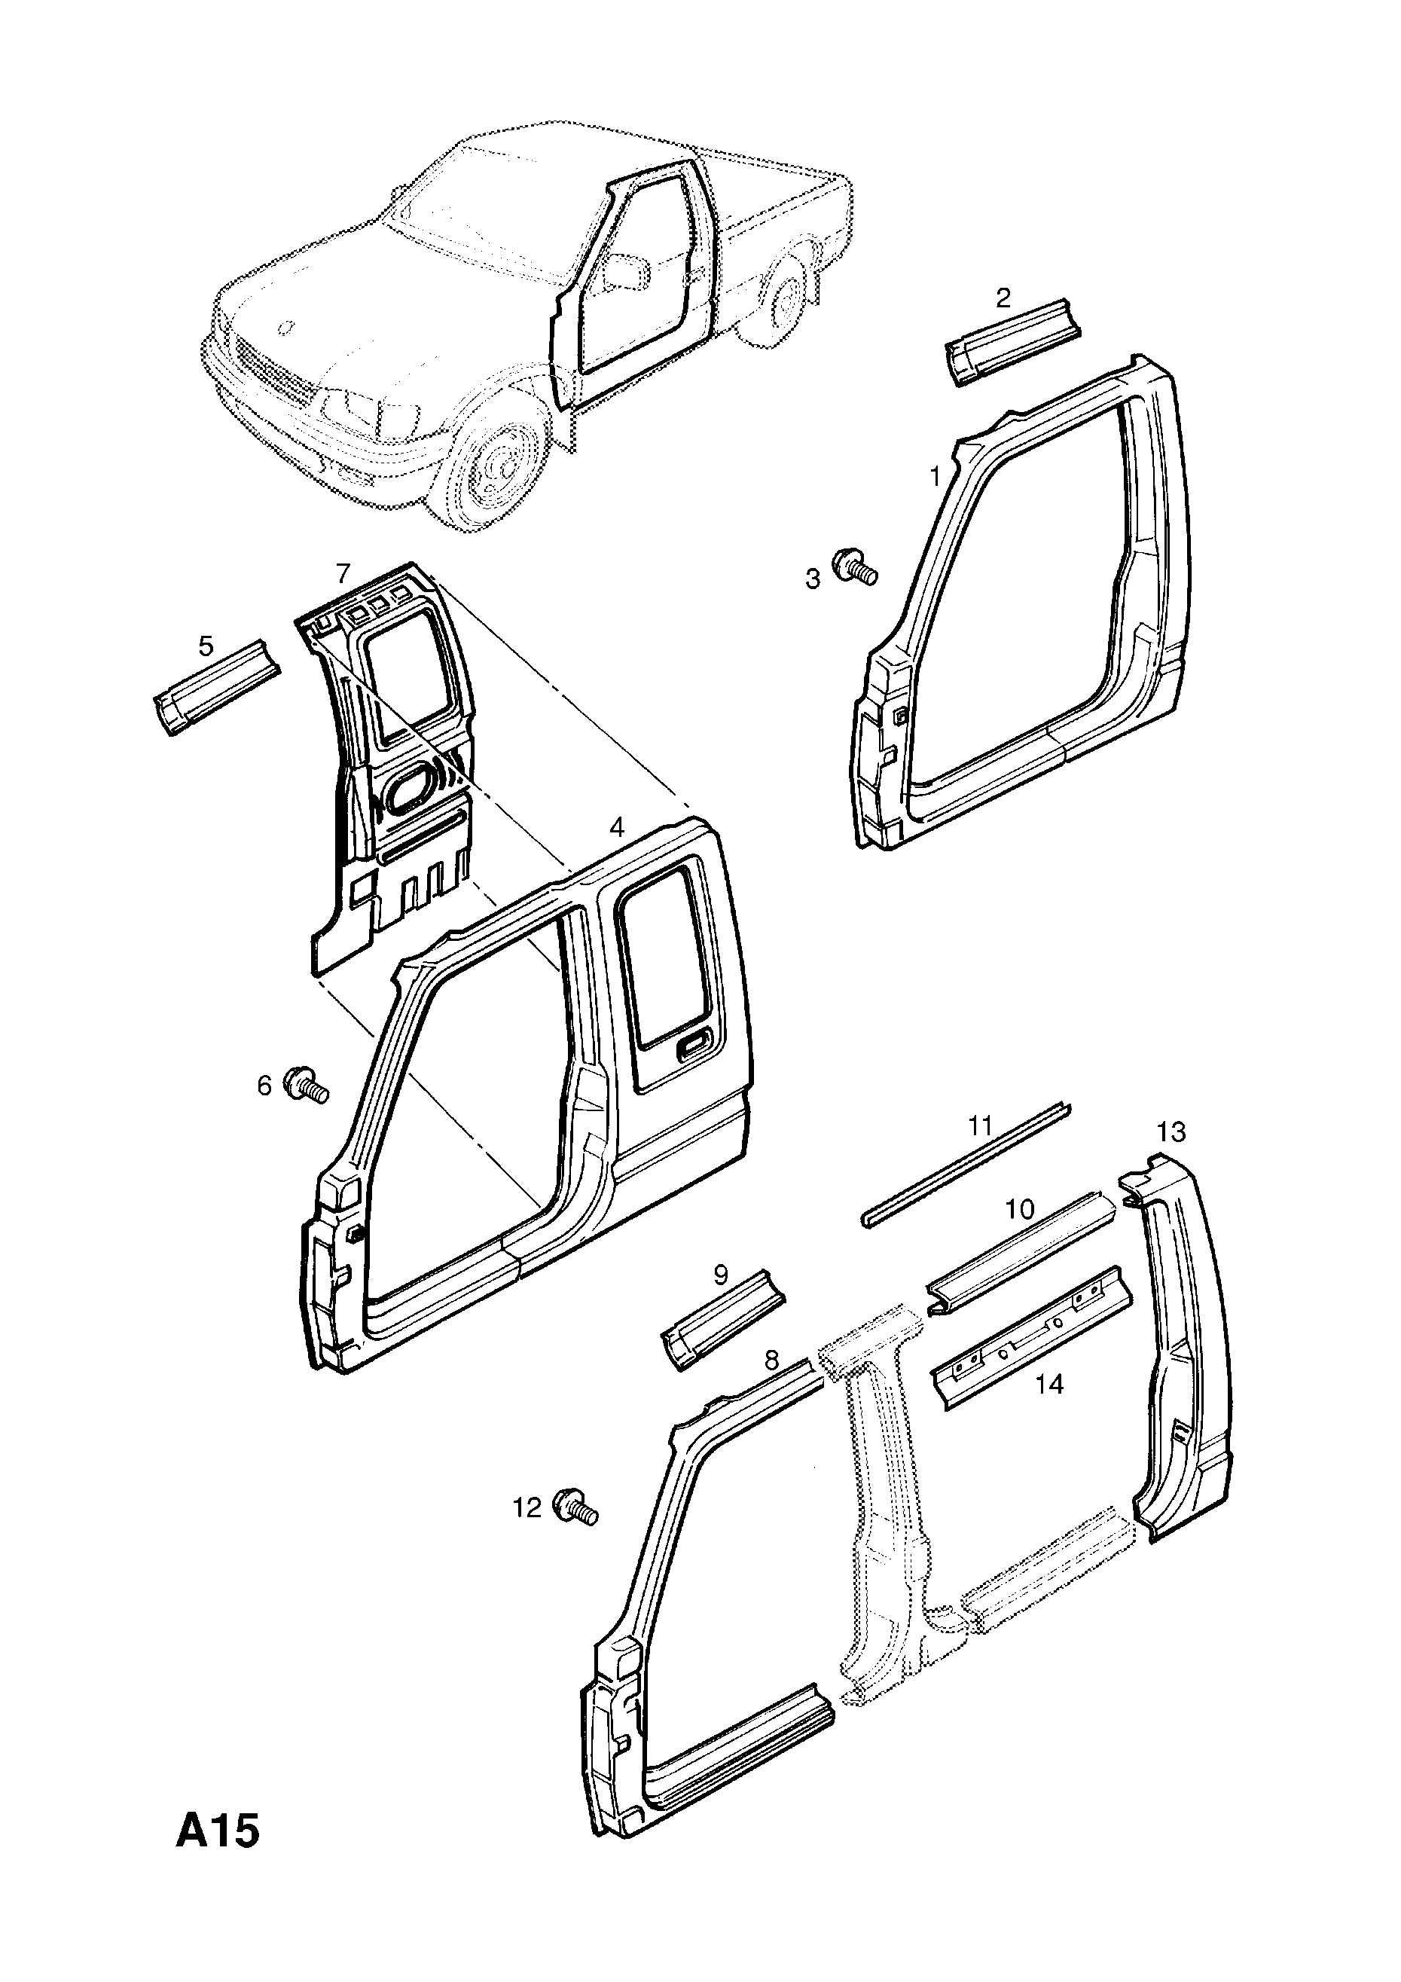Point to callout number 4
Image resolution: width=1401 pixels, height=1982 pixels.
click(615, 827)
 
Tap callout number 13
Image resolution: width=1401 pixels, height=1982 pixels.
click(1171, 1131)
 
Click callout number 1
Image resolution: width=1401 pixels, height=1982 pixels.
click(935, 475)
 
